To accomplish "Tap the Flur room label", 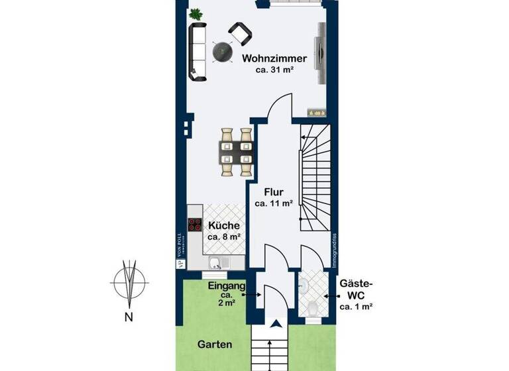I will click(x=274, y=193).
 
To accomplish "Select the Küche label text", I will click(x=223, y=225).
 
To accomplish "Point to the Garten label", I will click(x=215, y=344).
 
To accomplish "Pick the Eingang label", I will click(x=227, y=286).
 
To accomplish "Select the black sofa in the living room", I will click(x=198, y=52).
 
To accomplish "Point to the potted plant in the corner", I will click(x=196, y=13).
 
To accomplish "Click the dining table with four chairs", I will click(x=235, y=152).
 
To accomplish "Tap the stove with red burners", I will click(x=196, y=224).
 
